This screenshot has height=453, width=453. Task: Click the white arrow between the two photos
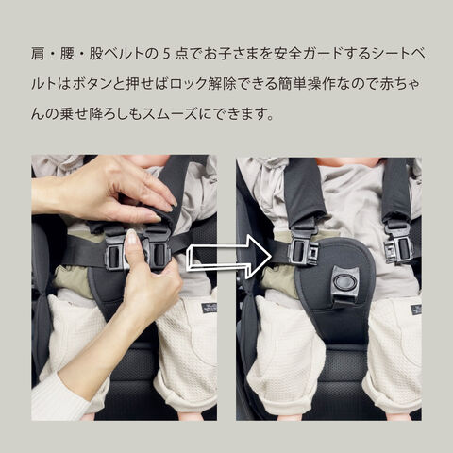pos(229,256)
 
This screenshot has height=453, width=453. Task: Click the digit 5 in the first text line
pos(167,54)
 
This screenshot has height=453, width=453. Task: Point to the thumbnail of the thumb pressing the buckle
pos(131,237)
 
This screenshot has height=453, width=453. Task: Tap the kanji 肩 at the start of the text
pos(38,54)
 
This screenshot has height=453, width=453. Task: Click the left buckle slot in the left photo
pos(114,256)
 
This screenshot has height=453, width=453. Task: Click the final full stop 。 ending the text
pos(269,117)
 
